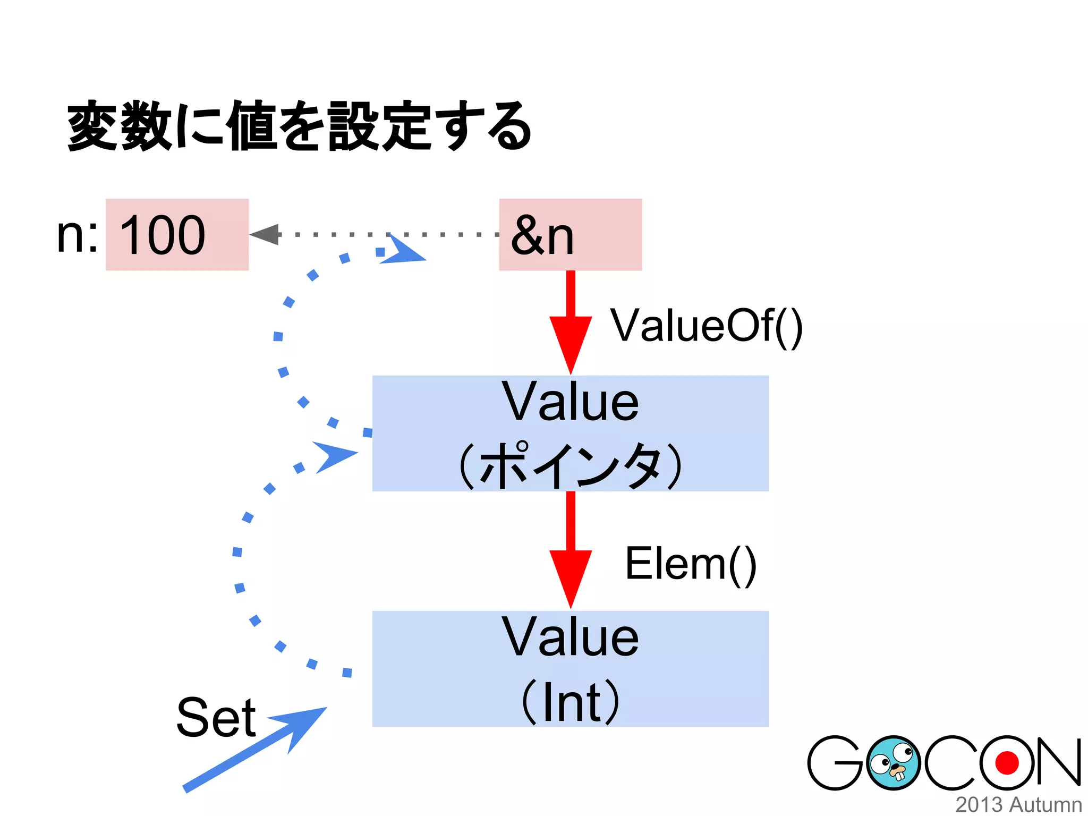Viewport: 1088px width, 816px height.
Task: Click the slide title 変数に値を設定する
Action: [299, 126]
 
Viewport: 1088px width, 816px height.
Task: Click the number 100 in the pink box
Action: [163, 235]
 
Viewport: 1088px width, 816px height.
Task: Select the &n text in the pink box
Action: [542, 236]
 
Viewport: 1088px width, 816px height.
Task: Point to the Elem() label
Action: [691, 564]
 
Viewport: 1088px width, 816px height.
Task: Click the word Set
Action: [216, 718]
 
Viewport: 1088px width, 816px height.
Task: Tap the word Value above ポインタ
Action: [571, 402]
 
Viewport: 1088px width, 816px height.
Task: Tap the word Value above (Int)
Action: [571, 637]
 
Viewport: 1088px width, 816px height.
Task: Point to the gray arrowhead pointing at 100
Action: [266, 234]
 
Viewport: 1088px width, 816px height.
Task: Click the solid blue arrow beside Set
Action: [255, 749]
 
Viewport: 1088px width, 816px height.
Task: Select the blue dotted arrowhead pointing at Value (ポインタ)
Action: [335, 456]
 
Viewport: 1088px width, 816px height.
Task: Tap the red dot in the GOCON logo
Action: [1007, 763]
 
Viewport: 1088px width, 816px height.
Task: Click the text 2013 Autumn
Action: [1018, 804]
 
